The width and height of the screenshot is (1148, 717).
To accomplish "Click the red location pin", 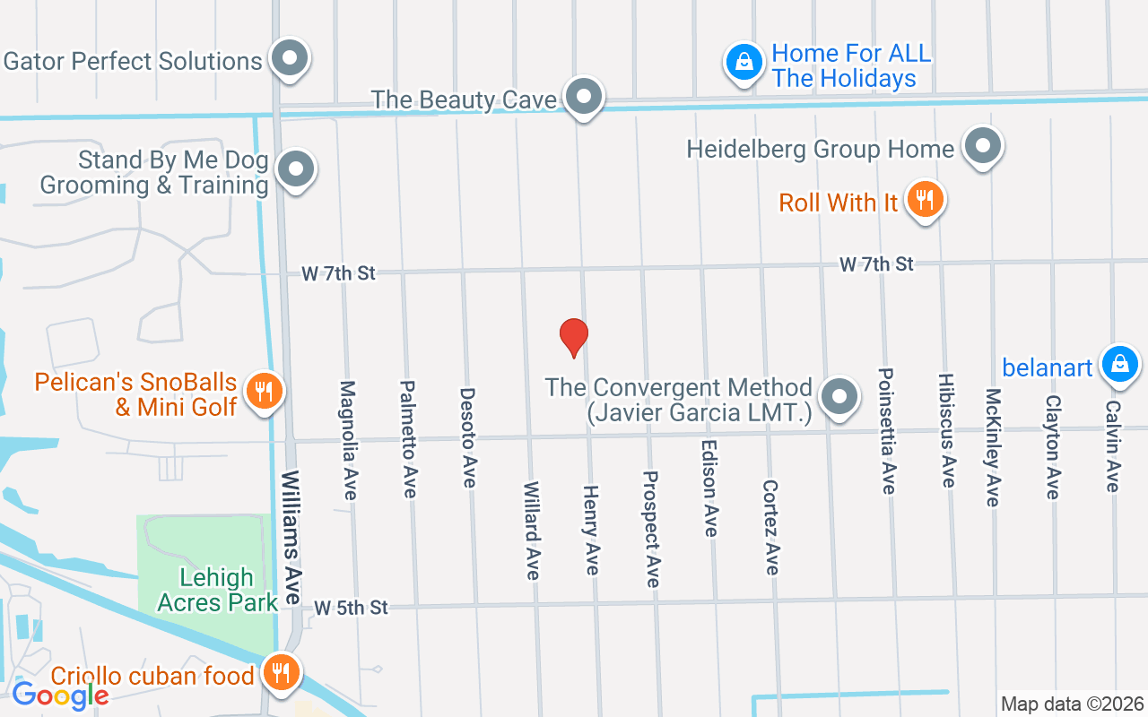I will pos(573,336).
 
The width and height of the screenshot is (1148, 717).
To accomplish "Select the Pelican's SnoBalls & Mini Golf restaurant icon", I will pos(263,391).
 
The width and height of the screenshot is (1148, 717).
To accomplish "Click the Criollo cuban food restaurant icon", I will pos(282,671).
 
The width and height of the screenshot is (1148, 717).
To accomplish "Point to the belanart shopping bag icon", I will pos(1119,364).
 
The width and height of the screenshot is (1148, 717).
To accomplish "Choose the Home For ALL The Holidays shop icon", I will pos(744,62).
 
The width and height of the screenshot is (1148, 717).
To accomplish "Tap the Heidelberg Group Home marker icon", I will pos(983,145).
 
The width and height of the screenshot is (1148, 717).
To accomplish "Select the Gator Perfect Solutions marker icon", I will pos(289,58).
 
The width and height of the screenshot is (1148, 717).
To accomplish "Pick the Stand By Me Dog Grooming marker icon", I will pos(295,168).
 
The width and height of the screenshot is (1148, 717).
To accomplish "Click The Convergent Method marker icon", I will pos(839,396).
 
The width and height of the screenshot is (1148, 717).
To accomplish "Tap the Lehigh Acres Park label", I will pos(217,590).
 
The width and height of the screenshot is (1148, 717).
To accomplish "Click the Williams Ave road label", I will pos(291,537).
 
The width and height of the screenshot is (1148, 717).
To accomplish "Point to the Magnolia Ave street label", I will pos(348,440).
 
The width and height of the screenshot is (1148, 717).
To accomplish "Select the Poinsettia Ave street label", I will pos(887,430).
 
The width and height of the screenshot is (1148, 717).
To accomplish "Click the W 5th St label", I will pos(352,608).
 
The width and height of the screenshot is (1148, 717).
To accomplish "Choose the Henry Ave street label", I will pos(591,530).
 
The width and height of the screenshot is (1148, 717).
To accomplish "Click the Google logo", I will pos(60,695).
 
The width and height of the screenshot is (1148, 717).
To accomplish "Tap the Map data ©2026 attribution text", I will pos(1072,704).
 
